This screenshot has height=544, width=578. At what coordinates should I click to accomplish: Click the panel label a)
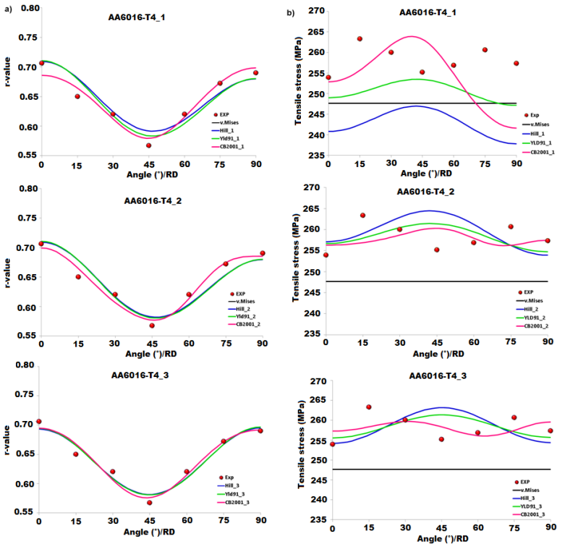coord(7,9)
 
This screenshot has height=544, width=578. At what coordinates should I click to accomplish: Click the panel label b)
coord(297,9)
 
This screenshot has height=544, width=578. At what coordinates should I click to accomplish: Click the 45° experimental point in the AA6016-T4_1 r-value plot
coord(148,145)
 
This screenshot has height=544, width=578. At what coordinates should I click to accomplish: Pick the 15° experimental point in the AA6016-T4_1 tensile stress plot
coord(360,38)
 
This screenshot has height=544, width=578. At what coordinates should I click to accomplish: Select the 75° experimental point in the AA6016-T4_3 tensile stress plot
coord(514,417)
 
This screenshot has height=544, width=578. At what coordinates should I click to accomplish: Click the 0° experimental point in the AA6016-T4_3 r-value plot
coord(38,422)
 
